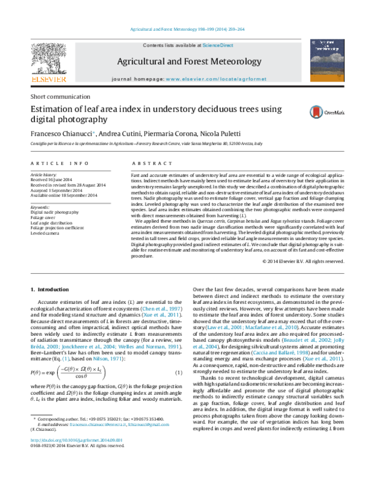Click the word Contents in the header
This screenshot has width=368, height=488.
[153, 45]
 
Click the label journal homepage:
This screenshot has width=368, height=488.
[137, 80]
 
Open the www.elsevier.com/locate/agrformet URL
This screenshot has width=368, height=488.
[216, 80]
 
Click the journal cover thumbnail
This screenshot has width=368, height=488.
[326, 60]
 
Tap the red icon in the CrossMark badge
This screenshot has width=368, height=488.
[316, 112]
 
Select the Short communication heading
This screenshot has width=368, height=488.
[61, 96]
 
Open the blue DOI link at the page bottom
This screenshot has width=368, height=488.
[77, 440]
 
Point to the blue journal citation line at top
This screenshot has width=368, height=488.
[188, 29]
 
